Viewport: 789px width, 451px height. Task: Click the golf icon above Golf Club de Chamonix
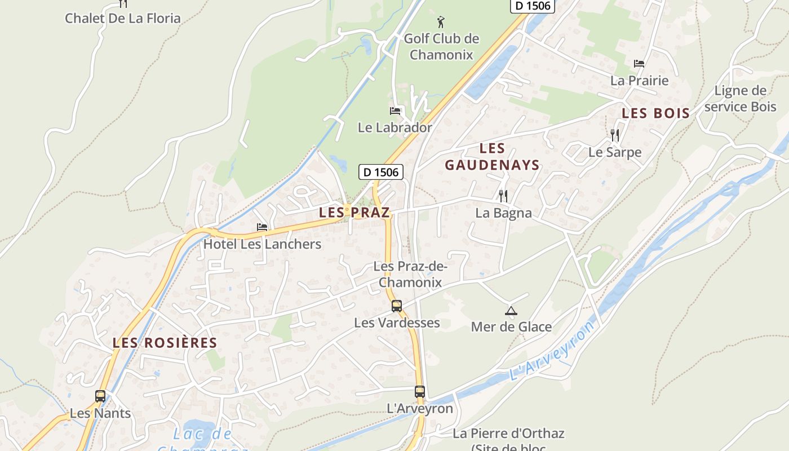[441, 23]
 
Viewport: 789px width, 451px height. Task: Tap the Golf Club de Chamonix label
[441, 47]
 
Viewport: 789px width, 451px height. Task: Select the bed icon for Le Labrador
[395, 110]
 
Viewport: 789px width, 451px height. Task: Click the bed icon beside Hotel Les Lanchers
[262, 227]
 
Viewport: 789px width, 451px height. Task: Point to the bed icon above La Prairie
[639, 64]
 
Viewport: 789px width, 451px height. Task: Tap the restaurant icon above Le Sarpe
[615, 135]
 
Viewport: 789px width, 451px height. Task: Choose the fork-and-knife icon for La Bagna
[503, 196]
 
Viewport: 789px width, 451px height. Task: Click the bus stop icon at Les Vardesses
[397, 306]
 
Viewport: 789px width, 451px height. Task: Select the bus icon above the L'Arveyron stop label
[420, 391]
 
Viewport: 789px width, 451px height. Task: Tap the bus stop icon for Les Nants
[100, 396]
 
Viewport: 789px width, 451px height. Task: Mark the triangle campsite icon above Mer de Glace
[511, 310]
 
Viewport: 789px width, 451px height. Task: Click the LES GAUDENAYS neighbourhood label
[492, 157]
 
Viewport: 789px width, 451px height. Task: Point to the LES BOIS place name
[655, 113]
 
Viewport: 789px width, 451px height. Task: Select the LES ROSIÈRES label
[165, 343]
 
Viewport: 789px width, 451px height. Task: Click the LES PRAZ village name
[354, 213]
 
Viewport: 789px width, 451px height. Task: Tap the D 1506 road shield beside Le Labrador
[381, 172]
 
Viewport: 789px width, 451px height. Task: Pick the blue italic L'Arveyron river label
[552, 350]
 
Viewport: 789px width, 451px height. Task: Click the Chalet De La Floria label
[123, 18]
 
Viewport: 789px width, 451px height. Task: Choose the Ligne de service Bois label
[740, 99]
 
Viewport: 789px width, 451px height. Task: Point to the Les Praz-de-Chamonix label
[410, 274]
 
